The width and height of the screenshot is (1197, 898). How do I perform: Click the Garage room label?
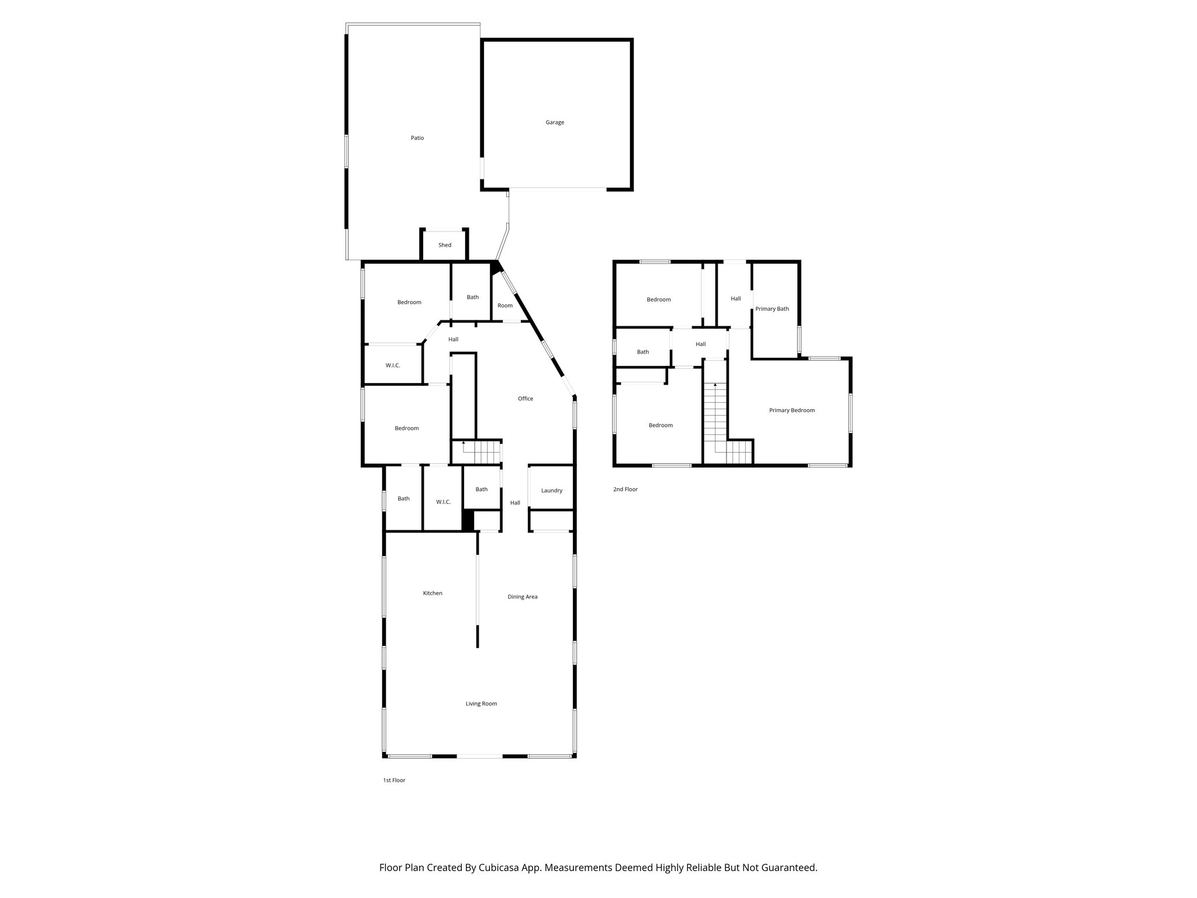tap(555, 123)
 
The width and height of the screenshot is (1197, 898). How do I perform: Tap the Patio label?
tap(417, 138)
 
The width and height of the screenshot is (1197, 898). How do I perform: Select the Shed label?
tap(445, 245)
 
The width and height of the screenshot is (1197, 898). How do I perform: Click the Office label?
tap(525, 399)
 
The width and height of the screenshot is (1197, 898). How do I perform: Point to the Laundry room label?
tap(551, 491)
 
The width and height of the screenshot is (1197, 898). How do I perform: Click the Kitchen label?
tap(433, 593)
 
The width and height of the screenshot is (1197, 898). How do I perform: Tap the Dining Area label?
tap(523, 597)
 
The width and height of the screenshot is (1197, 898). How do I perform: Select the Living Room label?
tap(481, 704)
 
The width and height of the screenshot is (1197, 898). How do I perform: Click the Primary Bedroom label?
tap(791, 410)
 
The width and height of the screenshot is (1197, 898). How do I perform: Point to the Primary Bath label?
tap(772, 309)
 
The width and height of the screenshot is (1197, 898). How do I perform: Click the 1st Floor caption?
tap(394, 780)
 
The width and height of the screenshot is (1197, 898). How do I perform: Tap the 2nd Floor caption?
tap(625, 489)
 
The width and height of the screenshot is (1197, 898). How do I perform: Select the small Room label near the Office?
tap(505, 306)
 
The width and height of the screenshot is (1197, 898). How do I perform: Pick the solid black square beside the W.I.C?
tap(468, 520)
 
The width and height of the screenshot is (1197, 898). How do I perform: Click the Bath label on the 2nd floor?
tap(643, 352)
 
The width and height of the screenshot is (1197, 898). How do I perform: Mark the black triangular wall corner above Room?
tap(496, 267)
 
